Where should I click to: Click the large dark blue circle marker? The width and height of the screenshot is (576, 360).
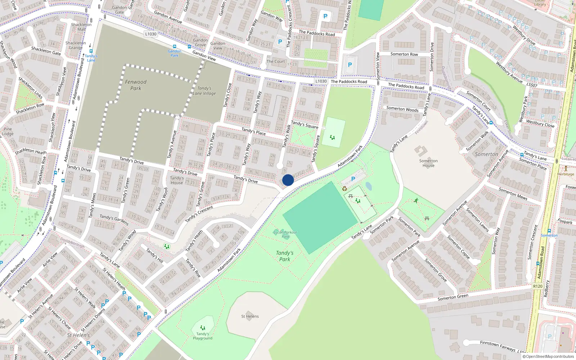click(288, 180)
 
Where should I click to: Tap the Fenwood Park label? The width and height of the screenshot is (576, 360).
click(136, 85)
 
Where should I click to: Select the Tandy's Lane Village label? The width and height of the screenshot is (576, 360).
click(204, 91)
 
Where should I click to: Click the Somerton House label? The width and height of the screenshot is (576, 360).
click(428, 163)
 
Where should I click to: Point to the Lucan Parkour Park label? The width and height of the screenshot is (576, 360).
click(285, 234)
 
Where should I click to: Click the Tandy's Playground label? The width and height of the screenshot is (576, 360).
click(202, 336)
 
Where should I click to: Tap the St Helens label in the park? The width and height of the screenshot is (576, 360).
click(250, 316)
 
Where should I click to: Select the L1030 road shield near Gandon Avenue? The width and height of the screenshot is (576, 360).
click(151, 34)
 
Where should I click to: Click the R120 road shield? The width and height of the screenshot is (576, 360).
click(537, 286)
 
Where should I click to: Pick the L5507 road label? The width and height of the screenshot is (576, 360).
click(532, 85)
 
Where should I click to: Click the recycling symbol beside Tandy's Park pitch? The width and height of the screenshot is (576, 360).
click(345, 188)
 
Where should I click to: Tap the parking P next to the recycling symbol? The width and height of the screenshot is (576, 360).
click(353, 179)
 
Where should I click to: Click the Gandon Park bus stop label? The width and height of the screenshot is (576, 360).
click(175, 53)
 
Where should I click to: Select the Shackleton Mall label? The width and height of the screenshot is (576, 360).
click(81, 27)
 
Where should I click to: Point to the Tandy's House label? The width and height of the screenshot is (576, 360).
click(177, 180)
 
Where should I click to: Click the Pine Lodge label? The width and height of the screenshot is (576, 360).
click(8, 131)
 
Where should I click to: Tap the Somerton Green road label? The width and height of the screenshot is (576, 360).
click(453, 297)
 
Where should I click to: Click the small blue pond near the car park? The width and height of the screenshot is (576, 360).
click(368, 186)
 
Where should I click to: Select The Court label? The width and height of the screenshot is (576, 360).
click(275, 62)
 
